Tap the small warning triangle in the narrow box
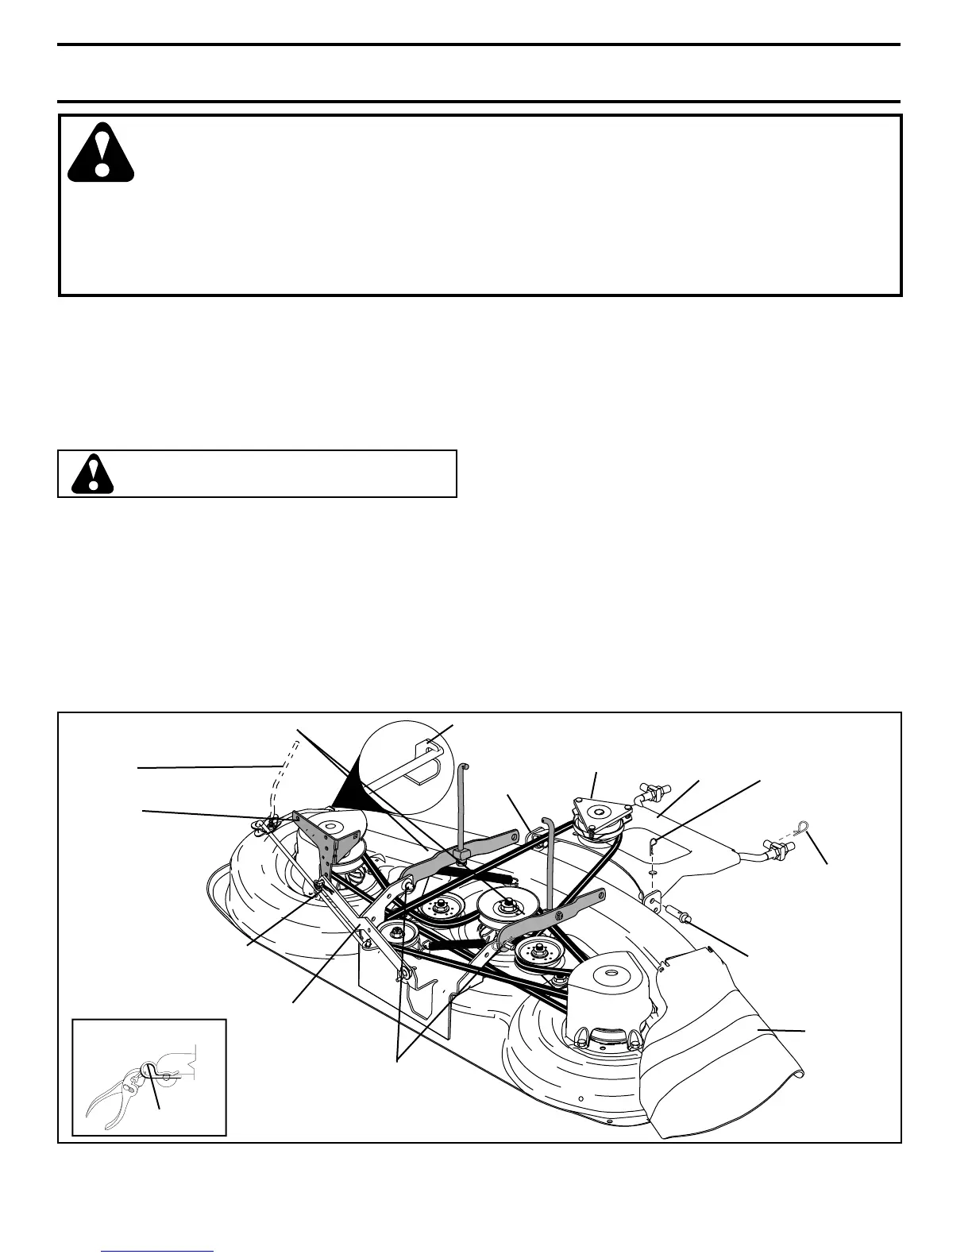click(92, 473)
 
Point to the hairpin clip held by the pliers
click(148, 1071)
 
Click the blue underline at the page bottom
click(158, 1251)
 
